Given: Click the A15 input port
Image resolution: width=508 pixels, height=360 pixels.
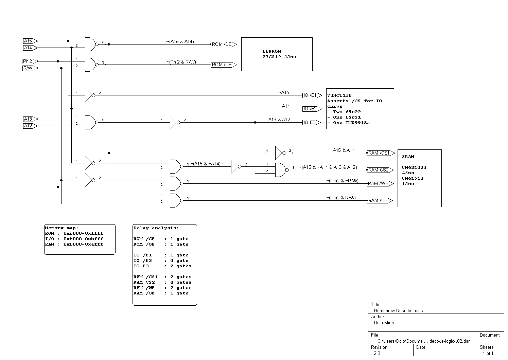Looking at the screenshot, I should coord(29,41).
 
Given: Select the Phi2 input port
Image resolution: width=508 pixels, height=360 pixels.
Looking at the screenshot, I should coord(29,61).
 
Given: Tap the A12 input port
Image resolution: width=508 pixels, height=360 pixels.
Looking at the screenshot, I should coord(29,126).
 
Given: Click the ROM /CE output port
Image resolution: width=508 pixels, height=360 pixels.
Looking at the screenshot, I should coord(223,44).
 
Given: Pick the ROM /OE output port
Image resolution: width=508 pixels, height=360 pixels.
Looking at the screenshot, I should coord(223,65).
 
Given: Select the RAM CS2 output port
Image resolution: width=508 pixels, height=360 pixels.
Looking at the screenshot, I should coord(379,170).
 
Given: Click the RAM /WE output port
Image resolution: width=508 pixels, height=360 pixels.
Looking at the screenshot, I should coord(379,184).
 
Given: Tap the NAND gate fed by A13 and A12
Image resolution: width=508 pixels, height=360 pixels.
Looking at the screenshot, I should coord(91,122).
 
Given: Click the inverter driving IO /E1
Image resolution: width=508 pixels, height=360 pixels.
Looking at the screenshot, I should coord(89,95).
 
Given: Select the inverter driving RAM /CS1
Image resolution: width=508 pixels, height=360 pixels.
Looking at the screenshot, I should coord(280,153).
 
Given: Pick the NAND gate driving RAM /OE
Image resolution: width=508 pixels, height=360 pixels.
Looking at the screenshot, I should coord(176,200).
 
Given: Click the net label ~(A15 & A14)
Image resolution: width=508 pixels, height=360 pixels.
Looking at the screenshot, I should coord(180,42).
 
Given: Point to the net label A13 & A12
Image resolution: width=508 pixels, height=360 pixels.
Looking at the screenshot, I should coord(279,120).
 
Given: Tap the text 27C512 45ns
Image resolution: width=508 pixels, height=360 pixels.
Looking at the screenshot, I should coord(279,57).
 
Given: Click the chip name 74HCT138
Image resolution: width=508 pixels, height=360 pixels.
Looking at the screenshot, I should coord(339,96).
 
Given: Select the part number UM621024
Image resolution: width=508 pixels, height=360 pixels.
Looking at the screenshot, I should coord(414,167).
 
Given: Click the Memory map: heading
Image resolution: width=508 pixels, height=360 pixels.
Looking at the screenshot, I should coord(62,228).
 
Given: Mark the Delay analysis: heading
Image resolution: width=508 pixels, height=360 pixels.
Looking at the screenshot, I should coord(156,228).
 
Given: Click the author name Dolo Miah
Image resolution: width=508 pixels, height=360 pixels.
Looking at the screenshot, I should coord(384,323).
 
